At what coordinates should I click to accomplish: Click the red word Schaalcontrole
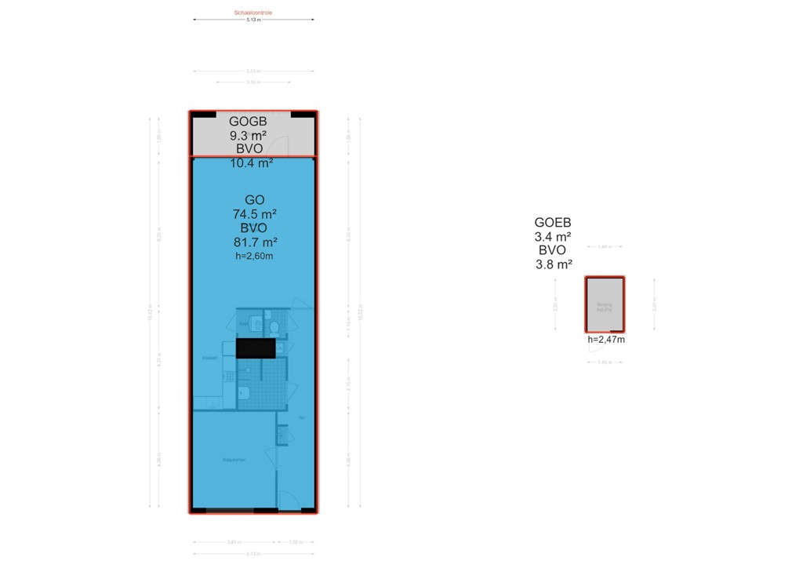[x=253, y=13]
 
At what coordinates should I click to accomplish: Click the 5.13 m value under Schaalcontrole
[x=253, y=20]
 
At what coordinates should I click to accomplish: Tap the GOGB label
[x=249, y=122]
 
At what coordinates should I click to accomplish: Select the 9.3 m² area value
[x=249, y=135]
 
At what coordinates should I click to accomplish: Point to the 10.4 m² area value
[x=251, y=163]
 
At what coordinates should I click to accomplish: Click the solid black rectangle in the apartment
[x=256, y=348]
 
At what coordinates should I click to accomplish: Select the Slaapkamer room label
[x=233, y=460]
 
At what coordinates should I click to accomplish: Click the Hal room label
[x=300, y=417]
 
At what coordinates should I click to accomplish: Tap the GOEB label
[x=553, y=222]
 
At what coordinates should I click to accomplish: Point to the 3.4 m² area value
[x=553, y=236]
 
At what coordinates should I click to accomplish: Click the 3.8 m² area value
[x=553, y=264]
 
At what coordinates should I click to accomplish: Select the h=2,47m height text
[x=606, y=340]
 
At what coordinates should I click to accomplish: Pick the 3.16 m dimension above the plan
[x=253, y=82]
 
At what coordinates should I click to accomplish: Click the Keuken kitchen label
[x=209, y=359]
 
